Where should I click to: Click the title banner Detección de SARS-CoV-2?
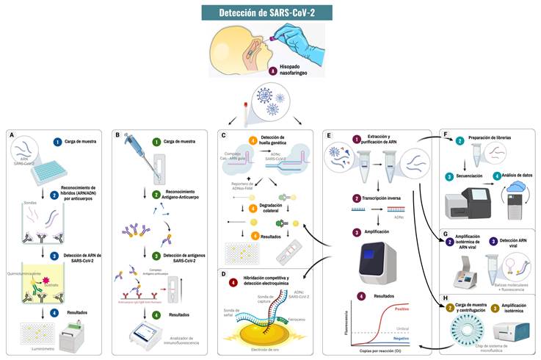tap(270, 13)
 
